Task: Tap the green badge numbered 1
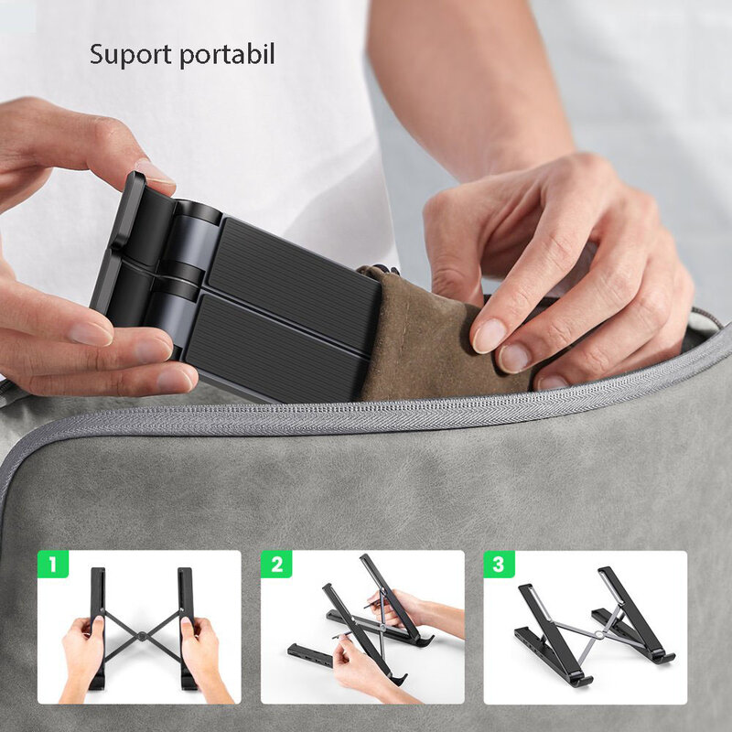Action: (52, 564)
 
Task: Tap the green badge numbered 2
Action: (276, 564)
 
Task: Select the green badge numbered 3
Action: (499, 564)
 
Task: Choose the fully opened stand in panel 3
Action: (586, 627)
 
